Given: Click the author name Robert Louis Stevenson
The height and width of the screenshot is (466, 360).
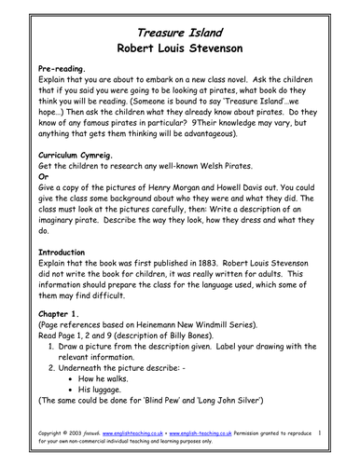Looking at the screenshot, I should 179,47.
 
